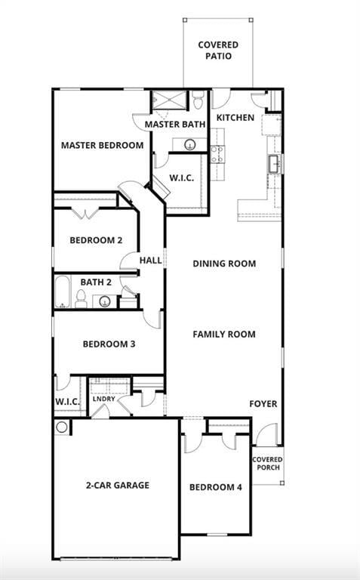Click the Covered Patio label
click(x=218, y=51)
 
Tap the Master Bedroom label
click(x=102, y=145)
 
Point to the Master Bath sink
click(x=189, y=143)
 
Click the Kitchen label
click(x=235, y=118)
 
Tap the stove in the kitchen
click(x=217, y=154)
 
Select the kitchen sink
click(x=275, y=163)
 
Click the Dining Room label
click(x=224, y=264)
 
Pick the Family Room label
click(x=224, y=334)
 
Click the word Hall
click(x=150, y=261)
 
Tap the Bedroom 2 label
click(x=96, y=241)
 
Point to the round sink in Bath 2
click(x=105, y=301)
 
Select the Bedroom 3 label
click(x=109, y=344)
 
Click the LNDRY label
click(x=104, y=399)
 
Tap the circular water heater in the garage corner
click(x=61, y=427)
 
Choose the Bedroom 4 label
click(x=215, y=487)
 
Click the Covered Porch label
click(x=267, y=463)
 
